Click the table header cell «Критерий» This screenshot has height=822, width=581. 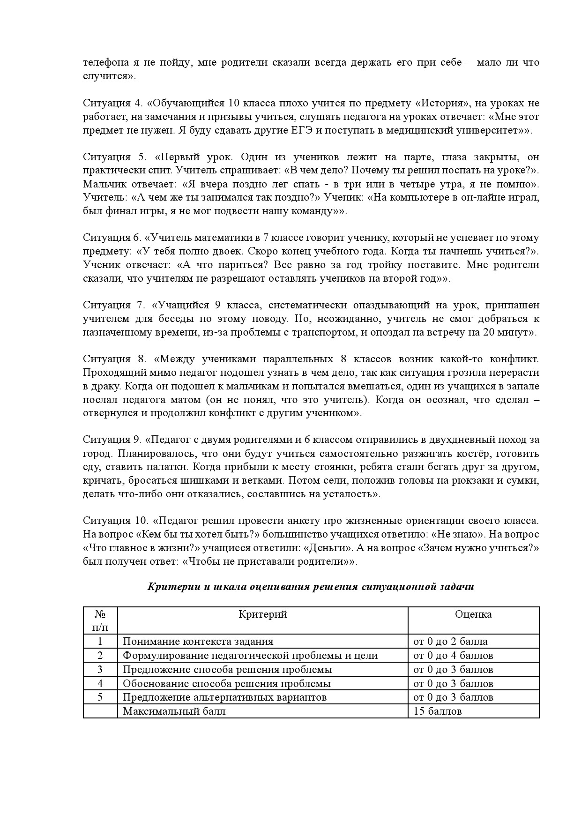pos(262,614)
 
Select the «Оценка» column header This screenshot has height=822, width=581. pos(473,614)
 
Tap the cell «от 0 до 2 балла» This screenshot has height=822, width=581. pos(450,642)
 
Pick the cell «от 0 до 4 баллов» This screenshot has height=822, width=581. pos(453,656)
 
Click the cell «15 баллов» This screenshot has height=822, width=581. pos(438,711)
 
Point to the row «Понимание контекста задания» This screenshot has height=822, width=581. pos(198,642)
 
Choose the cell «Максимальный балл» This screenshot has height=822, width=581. pos(174,711)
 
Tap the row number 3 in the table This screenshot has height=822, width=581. pos(100,669)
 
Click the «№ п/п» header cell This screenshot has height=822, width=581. pos(100,620)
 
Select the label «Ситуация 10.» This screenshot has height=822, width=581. pos(115,521)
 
